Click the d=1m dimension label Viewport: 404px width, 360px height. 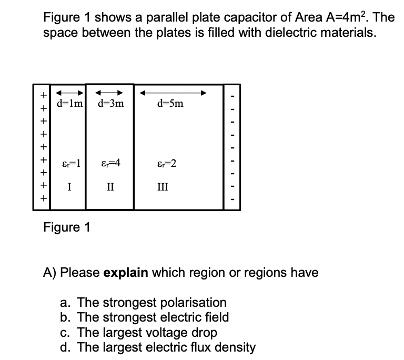click(69, 103)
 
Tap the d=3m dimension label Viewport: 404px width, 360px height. click(110, 103)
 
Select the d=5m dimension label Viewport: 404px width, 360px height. click(170, 103)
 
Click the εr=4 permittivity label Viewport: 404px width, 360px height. click(110, 163)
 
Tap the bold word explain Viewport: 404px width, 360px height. click(125, 273)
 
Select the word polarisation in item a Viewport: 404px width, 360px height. click(193, 303)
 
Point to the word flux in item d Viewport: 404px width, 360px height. click(188, 347)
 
